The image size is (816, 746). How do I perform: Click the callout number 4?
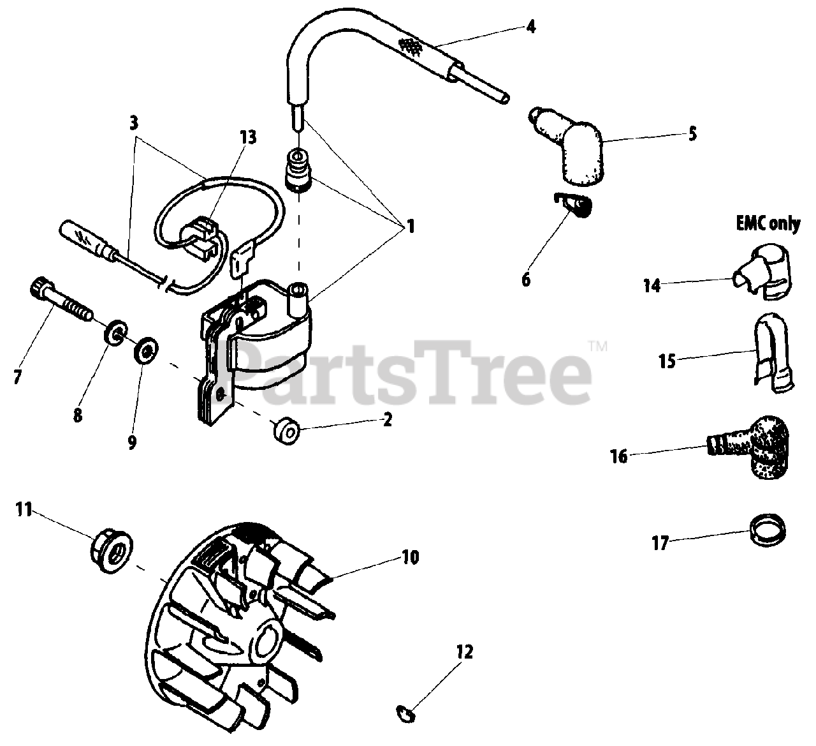531,27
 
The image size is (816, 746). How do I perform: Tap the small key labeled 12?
406,711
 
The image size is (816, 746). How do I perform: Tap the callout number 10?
410,557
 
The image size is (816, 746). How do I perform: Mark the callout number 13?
247,137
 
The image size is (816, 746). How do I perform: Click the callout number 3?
133,123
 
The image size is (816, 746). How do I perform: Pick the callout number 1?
410,227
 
